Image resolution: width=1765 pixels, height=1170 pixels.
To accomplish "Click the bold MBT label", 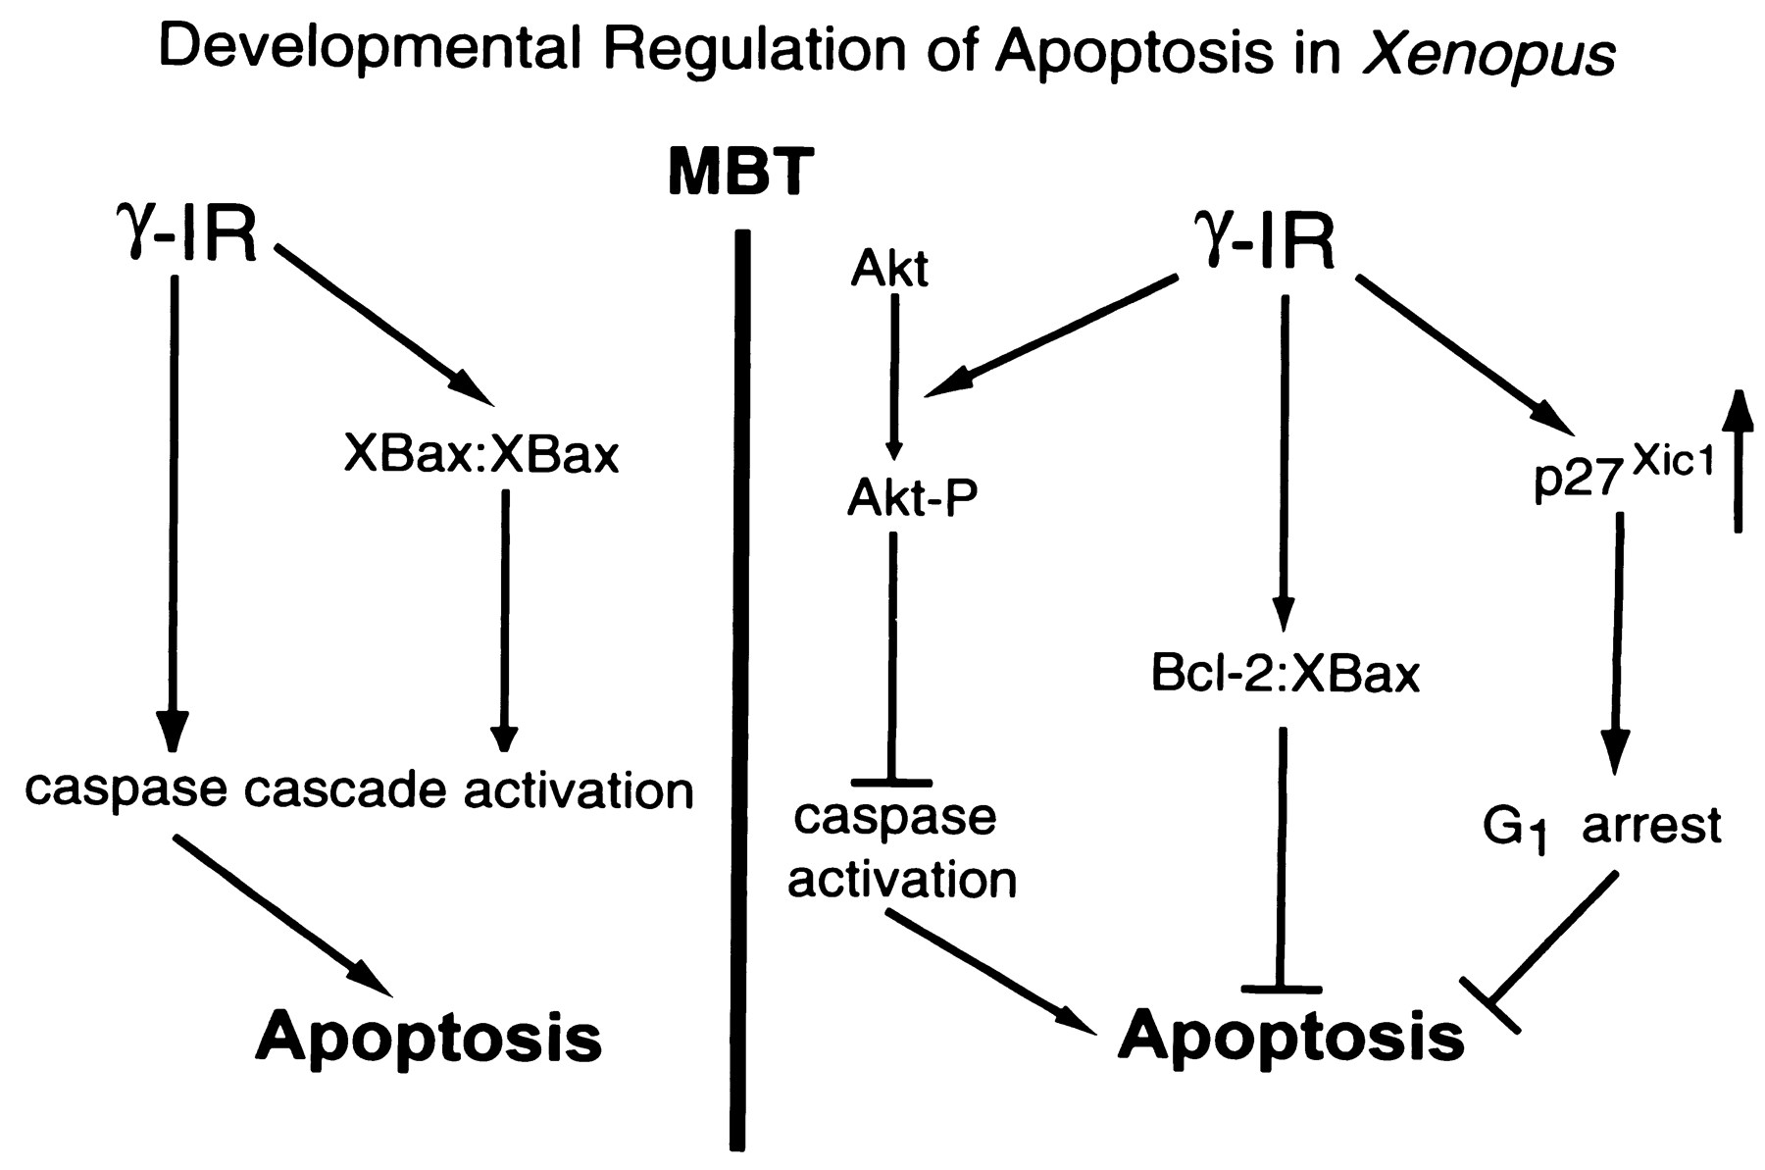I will pos(740,175).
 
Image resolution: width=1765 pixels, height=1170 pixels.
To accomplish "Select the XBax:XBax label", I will pos(481,456).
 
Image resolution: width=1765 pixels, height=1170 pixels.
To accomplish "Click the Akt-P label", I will pos(912,500).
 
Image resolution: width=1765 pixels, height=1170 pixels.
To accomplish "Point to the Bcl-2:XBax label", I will pos(1286,677).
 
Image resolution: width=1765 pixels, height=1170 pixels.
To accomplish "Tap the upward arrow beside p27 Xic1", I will pos(1738,461).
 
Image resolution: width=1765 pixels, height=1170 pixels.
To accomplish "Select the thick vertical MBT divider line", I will pos(740,687).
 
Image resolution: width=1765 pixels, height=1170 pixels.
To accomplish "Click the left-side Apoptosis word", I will pos(429,1038).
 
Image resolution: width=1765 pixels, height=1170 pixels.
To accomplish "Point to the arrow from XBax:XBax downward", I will pos(504,618).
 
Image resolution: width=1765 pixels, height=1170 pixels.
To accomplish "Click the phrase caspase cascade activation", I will pos(359,789).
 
